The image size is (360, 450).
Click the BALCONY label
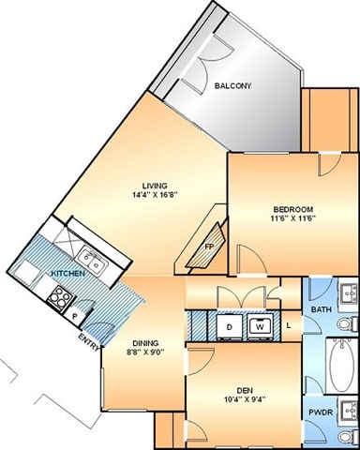232,86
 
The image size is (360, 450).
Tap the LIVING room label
155,186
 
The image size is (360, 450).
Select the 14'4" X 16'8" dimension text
155,195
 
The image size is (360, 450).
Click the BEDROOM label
293,209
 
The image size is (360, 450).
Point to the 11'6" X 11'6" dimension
293,218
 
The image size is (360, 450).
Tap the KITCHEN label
67,274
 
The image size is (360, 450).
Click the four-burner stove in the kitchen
60,298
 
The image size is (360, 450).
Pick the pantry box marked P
74,316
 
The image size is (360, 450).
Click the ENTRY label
90,342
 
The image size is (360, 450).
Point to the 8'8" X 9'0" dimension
145,352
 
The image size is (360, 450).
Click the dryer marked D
230,327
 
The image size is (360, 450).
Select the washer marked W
260,327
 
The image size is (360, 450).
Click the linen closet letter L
289,325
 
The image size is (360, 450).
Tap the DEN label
245,391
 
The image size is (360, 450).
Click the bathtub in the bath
341,366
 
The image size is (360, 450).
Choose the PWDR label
321,412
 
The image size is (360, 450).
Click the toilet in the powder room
348,437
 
